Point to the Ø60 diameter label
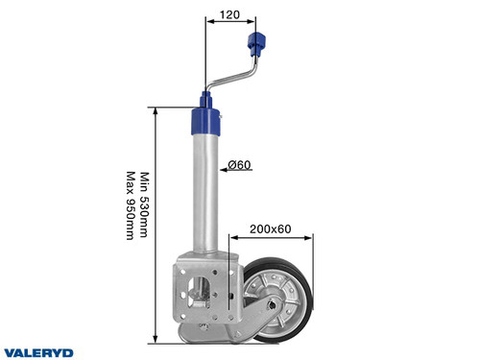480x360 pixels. pyautogui.click(x=239, y=165)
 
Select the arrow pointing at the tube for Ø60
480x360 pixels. pyautogui.click(x=225, y=166)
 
